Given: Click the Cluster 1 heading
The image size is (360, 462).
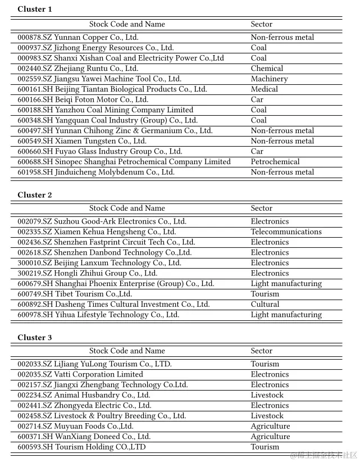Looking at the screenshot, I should pos(35,9).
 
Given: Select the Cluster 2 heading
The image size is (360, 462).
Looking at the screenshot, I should pos(35,195).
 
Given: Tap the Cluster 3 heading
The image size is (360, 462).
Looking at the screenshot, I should pos(35,338).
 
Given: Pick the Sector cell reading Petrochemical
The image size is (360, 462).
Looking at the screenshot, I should pos(275,162).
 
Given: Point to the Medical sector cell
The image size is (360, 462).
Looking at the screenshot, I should pos(264,89).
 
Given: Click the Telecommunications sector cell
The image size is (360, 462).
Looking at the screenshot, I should pos(286,232).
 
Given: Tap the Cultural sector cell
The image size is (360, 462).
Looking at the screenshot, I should pos(265,305).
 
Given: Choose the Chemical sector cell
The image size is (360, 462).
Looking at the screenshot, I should pos(267,69).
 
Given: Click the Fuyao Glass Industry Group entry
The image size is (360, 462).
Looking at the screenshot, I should pos(100,152).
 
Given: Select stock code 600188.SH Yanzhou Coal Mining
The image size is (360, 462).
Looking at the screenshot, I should pos(105,110).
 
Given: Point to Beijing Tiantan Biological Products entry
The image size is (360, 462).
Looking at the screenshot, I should pos(112,89).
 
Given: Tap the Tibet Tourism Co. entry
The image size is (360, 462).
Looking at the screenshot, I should pos(75,294).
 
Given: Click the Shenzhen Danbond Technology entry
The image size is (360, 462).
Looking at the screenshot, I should pos(104,253).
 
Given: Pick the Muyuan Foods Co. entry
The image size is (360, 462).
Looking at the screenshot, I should pos(75,427).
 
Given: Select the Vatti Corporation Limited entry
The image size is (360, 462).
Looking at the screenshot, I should pos(80,375).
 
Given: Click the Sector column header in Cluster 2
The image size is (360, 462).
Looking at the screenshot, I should pos(261,209).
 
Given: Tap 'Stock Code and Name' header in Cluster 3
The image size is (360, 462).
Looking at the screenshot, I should pos(127,351).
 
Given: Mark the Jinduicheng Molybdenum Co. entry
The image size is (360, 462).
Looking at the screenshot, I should pos(96,173).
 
